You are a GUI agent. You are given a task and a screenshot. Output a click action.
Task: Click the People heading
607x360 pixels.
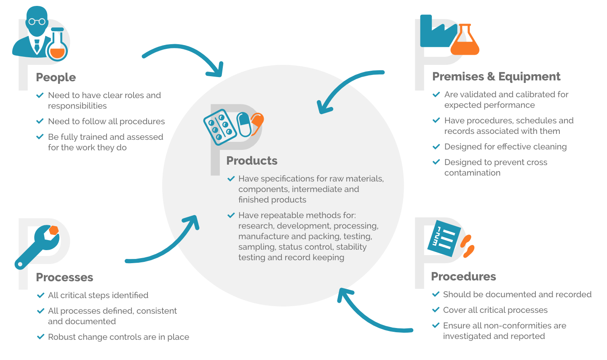coord(56,77)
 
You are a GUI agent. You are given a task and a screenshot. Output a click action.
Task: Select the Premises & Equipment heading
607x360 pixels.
coord(496,77)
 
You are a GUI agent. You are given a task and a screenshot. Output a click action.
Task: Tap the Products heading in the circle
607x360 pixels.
coord(251,161)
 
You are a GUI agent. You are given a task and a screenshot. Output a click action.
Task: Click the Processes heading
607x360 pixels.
coord(64,277)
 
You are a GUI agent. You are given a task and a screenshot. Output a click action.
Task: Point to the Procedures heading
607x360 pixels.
coord(463,277)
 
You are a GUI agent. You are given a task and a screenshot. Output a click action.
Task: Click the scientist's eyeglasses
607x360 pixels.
coord(37,21)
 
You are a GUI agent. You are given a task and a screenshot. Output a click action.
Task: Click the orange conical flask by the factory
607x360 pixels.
coord(465,42)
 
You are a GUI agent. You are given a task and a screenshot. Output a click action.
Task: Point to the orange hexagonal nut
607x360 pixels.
coord(53,231)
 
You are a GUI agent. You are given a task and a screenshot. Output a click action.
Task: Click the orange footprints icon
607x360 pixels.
coord(467,246)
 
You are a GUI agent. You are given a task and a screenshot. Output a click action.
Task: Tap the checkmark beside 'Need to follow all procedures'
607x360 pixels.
coord(40,121)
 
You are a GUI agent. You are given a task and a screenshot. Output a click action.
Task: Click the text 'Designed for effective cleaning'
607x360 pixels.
coord(505,147)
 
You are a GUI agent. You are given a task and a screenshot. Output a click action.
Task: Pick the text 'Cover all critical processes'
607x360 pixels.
coord(495,310)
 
